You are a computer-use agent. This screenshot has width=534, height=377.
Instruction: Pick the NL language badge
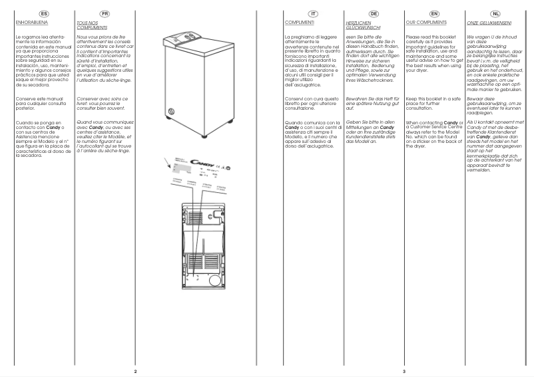(x=494, y=13)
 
